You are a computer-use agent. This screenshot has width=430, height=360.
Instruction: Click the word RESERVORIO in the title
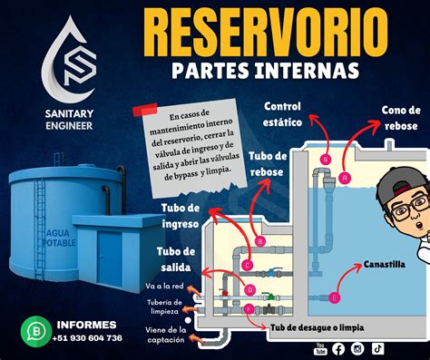point(266,33)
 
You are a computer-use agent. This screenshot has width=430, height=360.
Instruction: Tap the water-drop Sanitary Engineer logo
point(69,60)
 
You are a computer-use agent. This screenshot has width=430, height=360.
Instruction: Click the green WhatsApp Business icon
point(36,332)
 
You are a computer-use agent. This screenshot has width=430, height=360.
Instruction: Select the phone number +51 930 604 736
point(87,338)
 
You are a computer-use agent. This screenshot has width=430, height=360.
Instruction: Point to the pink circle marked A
point(345,178)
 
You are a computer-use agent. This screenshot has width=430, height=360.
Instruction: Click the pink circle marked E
point(334,297)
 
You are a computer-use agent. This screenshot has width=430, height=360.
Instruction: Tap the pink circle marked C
point(248,266)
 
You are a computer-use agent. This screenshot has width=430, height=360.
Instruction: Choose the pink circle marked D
point(249,290)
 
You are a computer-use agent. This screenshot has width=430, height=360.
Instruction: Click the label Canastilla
point(385,265)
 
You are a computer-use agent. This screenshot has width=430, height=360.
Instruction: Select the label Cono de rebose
point(401,118)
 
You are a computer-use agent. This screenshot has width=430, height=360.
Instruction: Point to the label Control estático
point(282,114)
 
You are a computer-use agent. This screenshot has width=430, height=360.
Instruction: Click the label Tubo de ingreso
point(181,216)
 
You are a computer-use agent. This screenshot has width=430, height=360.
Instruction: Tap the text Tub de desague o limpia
point(317,327)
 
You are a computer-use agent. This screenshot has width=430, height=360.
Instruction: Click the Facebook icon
point(338,349)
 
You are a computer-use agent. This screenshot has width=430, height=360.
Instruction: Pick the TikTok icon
point(377,348)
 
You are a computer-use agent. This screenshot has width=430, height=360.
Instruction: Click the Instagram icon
point(357,349)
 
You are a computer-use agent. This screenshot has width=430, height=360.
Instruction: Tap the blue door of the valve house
point(109,259)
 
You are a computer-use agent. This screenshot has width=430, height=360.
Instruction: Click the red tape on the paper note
point(145,110)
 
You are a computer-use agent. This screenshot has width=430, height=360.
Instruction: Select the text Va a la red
point(164,286)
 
